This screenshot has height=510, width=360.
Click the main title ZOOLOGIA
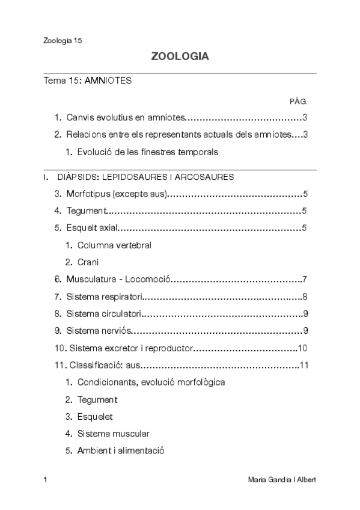(180, 57)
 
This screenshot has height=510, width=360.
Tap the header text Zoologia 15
(63, 41)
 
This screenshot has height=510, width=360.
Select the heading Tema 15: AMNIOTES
(87, 81)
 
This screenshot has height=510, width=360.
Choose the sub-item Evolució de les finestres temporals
(147, 152)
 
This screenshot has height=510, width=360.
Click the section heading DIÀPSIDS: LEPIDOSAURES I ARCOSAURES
(145, 177)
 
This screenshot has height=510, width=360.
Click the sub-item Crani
(88, 262)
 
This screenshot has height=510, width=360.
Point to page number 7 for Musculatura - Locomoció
(305, 279)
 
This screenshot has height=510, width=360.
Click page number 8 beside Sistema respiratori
(305, 296)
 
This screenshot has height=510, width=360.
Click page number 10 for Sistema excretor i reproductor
(302, 348)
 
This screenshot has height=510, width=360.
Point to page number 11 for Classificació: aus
(304, 365)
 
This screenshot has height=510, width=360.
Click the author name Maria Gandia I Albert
(281, 480)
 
